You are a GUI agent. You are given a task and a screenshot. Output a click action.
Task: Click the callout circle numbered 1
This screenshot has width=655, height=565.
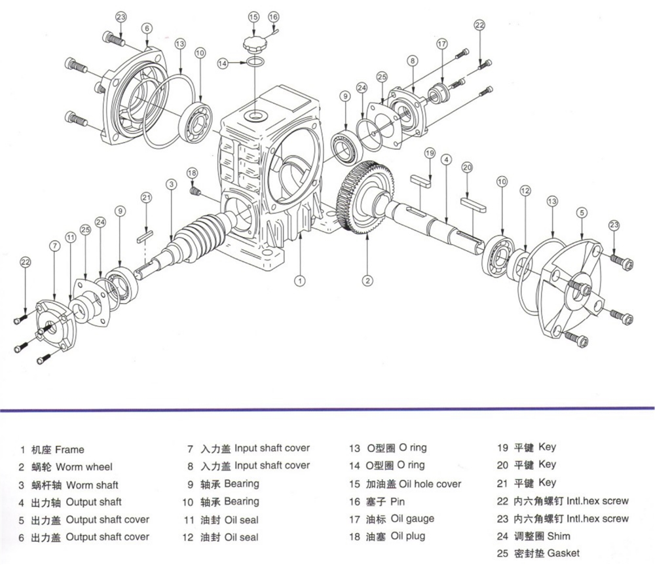[x=299, y=281]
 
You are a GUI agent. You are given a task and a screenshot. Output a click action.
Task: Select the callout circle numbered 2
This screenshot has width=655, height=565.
[x=368, y=280]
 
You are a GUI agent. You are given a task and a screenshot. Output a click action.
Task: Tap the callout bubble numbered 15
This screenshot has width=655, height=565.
[x=253, y=16]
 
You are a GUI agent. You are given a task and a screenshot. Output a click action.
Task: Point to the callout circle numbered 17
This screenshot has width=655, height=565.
[x=442, y=44]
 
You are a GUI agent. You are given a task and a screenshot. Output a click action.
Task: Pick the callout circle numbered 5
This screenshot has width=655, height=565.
[x=581, y=212]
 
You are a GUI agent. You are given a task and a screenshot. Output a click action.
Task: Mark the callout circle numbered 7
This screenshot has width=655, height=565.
[x=54, y=246]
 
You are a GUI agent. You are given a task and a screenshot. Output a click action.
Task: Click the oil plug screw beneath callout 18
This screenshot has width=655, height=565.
[x=194, y=191]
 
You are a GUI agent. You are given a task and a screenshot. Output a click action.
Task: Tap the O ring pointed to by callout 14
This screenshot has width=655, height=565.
[x=256, y=63]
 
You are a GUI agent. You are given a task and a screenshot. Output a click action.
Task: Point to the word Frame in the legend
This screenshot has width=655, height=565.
[x=69, y=450]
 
